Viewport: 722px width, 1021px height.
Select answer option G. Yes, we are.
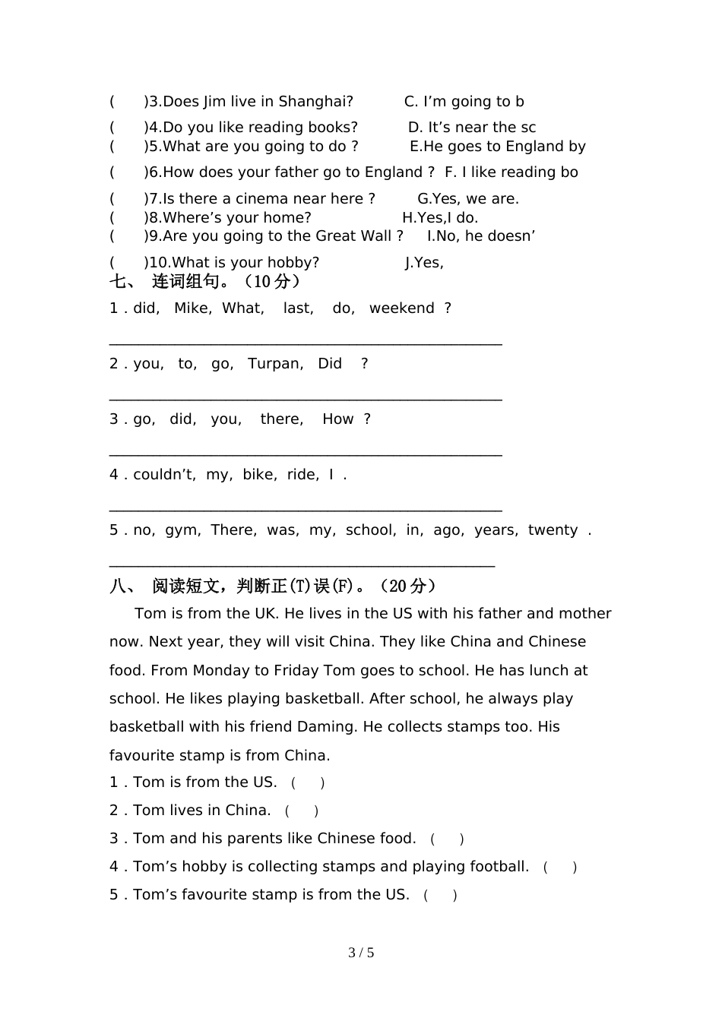click(468, 199)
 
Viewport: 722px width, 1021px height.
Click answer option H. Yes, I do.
click(440, 218)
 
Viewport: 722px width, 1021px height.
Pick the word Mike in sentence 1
click(192, 308)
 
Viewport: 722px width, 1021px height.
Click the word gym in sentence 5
click(181, 530)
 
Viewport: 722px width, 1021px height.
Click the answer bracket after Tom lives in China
click(302, 811)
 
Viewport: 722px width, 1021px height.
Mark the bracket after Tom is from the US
click(308, 783)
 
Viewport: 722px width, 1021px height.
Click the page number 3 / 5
click(361, 953)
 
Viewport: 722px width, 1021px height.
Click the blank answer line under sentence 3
click(306, 454)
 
